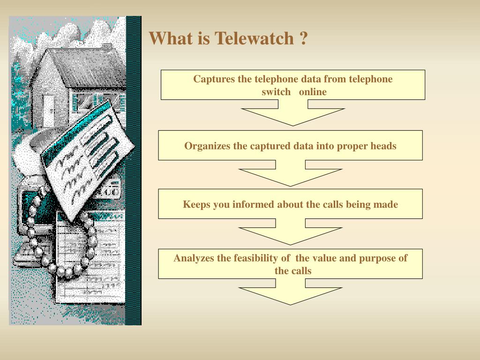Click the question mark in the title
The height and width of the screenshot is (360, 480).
click(x=303, y=38)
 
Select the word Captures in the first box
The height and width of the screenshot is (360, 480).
click(x=214, y=79)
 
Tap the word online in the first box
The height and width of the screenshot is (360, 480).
click(x=313, y=92)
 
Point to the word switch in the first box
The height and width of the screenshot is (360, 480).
click(x=276, y=92)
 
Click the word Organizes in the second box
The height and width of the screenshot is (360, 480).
click(x=207, y=146)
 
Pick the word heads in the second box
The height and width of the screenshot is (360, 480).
click(x=383, y=146)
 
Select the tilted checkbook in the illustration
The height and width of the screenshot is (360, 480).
click(x=84, y=155)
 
